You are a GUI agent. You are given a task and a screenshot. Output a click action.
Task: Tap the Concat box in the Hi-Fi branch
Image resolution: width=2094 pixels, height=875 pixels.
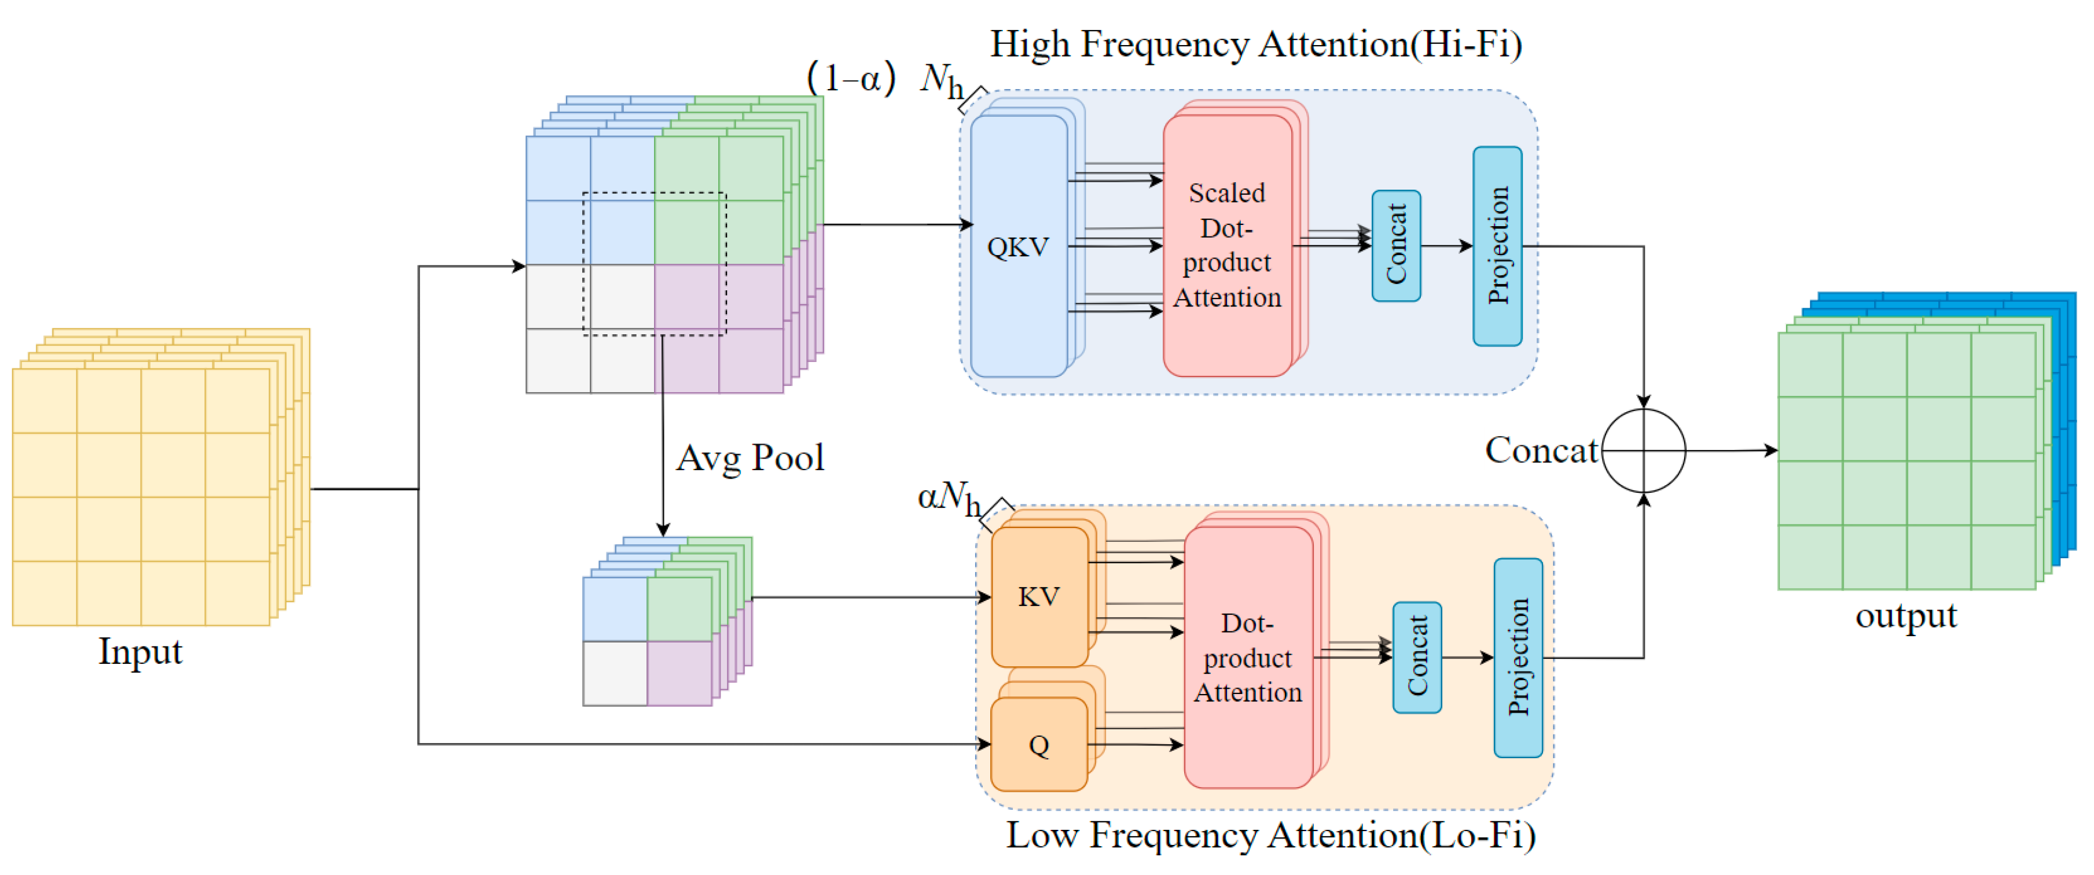click(1396, 245)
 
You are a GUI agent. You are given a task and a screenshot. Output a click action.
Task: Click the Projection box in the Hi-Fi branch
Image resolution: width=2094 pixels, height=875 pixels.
click(1497, 245)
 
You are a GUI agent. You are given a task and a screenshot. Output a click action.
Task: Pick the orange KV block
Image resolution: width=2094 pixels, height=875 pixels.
click(1039, 596)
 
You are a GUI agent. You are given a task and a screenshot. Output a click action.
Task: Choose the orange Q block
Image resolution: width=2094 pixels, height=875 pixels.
click(1039, 744)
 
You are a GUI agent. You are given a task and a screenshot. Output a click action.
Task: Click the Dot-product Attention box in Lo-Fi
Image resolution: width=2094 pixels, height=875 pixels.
click(1248, 658)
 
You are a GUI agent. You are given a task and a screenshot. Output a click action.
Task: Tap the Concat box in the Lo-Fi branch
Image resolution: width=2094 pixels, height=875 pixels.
click(1417, 658)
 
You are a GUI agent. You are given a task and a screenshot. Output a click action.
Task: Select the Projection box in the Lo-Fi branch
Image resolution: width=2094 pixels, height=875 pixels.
click(1518, 658)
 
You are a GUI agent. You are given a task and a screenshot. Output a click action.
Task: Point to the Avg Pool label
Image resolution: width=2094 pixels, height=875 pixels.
click(750, 458)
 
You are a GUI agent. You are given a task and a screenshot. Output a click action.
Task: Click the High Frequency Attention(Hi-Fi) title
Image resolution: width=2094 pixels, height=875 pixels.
click(1255, 44)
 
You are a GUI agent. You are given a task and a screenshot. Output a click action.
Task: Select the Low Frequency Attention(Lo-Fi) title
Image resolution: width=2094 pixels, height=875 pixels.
click(1270, 835)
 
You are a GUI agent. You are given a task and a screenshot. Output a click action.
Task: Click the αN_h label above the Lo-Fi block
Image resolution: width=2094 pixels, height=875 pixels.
click(949, 497)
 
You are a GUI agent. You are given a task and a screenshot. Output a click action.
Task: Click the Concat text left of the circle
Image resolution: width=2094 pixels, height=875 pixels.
click(1541, 450)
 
